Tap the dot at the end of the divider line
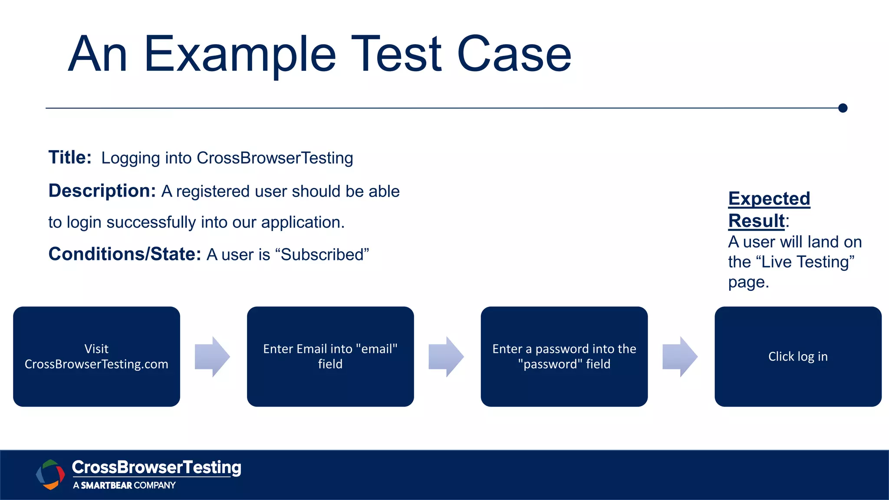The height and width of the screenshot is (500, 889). pyautogui.click(x=843, y=108)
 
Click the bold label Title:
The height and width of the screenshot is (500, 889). pyautogui.click(x=70, y=158)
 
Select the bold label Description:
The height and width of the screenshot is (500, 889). pyautogui.click(x=102, y=191)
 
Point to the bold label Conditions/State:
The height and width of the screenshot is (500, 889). pyautogui.click(x=125, y=254)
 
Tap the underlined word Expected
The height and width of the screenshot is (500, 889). pyautogui.click(x=769, y=199)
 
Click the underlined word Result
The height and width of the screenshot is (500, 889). pyautogui.click(x=756, y=221)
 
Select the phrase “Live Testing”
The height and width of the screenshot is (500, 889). pyautogui.click(x=805, y=262)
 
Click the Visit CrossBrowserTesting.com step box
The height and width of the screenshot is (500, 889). pyautogui.click(x=96, y=356)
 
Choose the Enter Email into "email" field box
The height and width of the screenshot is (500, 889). pyautogui.click(x=330, y=356)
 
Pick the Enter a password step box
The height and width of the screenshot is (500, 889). pyautogui.click(x=564, y=356)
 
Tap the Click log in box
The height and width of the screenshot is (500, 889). pyautogui.click(x=798, y=356)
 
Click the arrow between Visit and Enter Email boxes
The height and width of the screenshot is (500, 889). pyautogui.click(x=212, y=356)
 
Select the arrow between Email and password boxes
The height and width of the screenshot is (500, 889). pyautogui.click(x=446, y=356)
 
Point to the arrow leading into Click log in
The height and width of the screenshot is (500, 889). pyautogui.click(x=680, y=356)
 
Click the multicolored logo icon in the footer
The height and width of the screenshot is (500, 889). pyautogui.click(x=50, y=474)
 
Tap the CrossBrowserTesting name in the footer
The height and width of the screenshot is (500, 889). pyautogui.click(x=156, y=467)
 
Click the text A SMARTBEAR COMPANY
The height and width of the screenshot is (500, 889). pyautogui.click(x=124, y=485)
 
